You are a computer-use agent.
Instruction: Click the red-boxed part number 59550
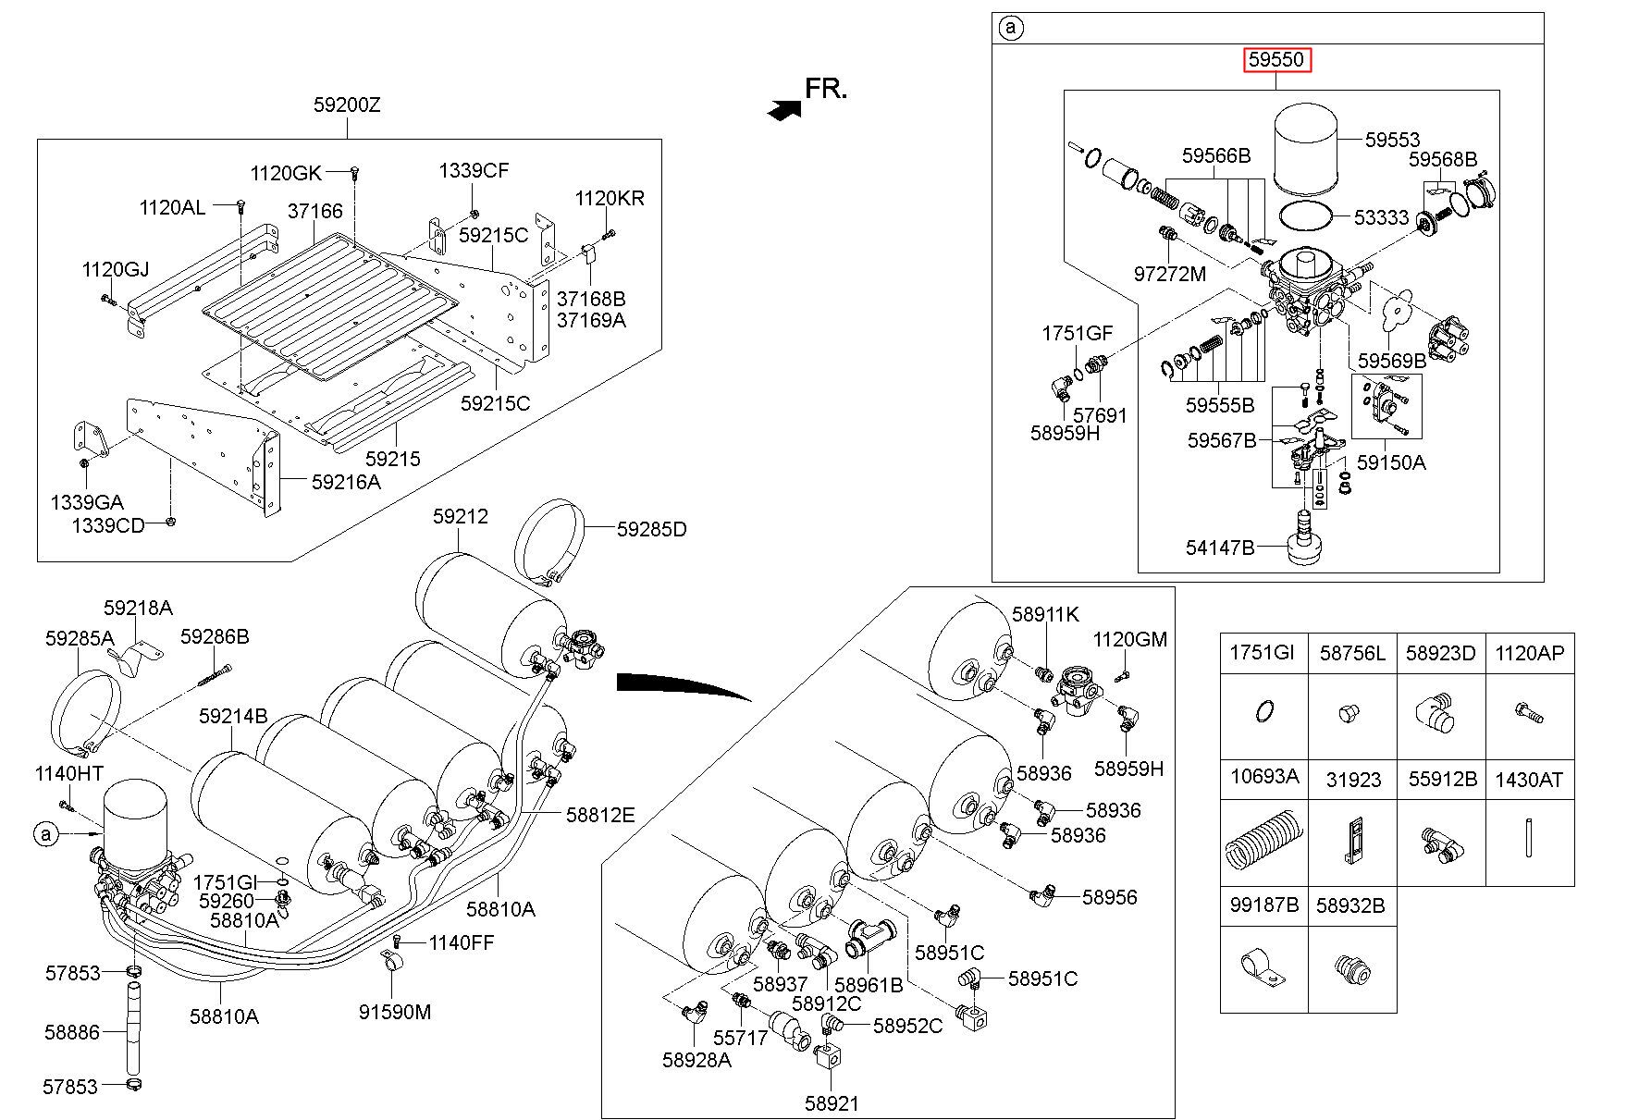click(1276, 61)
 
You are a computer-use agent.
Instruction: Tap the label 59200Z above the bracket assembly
click(347, 105)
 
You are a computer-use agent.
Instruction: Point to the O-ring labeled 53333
click(1306, 215)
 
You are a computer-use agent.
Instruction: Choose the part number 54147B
click(1220, 548)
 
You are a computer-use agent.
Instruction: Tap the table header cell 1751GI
click(1263, 654)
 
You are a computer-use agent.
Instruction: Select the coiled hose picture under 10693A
click(1263, 838)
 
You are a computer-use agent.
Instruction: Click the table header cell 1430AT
click(1529, 781)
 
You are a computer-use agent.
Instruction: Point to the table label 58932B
click(1351, 905)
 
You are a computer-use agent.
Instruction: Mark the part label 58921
click(832, 1103)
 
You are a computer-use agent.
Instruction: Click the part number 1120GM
click(1130, 639)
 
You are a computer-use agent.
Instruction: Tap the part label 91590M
click(395, 1012)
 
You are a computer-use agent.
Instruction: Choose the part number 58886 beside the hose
click(71, 1031)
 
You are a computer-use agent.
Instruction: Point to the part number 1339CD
click(108, 525)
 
